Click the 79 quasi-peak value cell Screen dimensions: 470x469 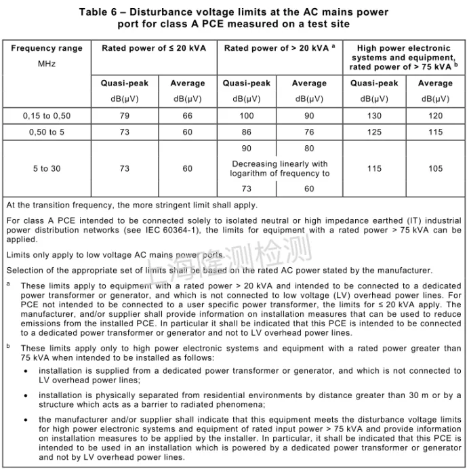point(125,116)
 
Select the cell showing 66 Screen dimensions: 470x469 point(187,116)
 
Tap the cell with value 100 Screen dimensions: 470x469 point(246,116)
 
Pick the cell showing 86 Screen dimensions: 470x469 point(246,132)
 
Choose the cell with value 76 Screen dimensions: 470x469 point(309,132)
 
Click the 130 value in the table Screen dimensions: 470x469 point(374,116)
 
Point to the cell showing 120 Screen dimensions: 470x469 point(435,116)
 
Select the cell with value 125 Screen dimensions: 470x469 point(374,132)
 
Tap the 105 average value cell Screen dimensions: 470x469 point(435,168)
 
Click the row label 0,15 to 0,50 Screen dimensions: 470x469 point(47,116)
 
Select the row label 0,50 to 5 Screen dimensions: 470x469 point(47,132)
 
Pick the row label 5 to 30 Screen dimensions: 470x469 point(47,168)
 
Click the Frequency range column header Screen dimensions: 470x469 point(47,49)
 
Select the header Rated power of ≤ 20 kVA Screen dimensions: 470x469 point(154,49)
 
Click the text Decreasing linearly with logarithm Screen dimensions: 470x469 point(280,168)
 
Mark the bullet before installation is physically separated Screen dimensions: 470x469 point(26,395)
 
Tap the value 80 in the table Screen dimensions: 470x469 point(309,149)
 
